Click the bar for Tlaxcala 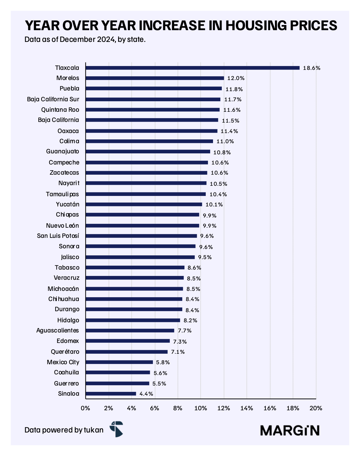(x=193, y=68)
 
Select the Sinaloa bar (x=111, y=393)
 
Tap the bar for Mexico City (x=119, y=362)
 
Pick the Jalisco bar (x=140, y=257)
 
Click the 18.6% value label (x=311, y=68)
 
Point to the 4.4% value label (x=146, y=394)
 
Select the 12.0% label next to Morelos (x=236, y=78)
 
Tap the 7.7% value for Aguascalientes (x=184, y=331)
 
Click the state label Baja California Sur (x=53, y=99)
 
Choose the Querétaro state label (x=65, y=352)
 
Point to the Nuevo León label (x=63, y=225)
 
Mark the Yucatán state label (x=68, y=204)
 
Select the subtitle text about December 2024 (x=85, y=39)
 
